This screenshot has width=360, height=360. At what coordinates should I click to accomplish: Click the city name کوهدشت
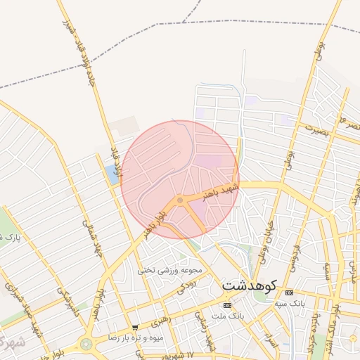point(250,287)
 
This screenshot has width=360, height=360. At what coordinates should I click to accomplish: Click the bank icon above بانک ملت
point(226,305)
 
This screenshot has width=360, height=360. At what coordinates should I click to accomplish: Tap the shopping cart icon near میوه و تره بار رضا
point(135,328)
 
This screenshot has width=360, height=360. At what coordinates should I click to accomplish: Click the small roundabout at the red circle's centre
point(180,201)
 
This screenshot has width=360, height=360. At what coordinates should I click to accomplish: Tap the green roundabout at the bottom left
point(86,345)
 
